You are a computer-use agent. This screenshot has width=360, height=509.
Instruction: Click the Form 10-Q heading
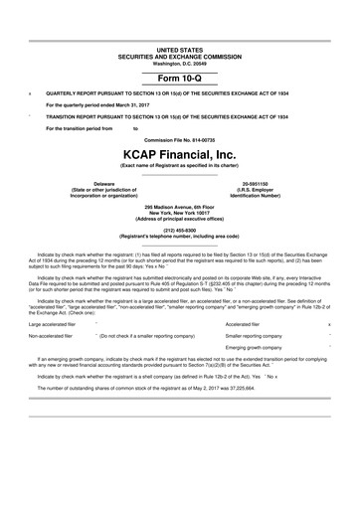click(x=180, y=77)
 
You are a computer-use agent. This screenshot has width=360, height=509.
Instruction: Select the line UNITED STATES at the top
click(x=180, y=48)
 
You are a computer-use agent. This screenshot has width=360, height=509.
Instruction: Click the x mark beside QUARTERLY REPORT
click(x=30, y=93)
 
